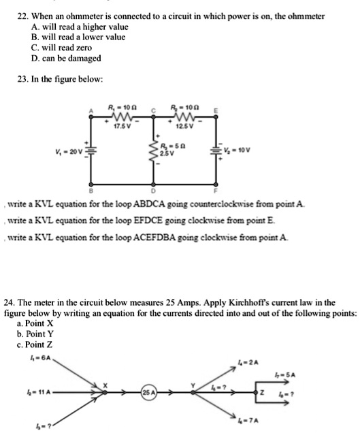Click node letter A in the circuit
(87, 111)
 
